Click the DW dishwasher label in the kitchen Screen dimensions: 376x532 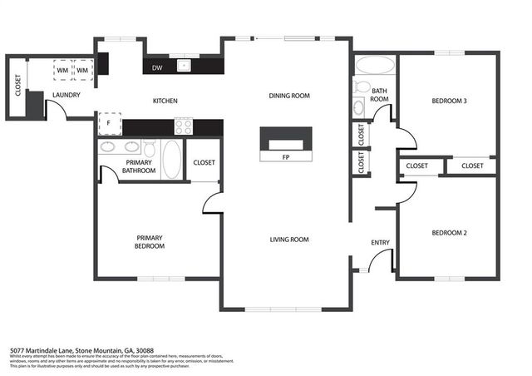click(157, 68)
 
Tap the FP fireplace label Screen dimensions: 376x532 click(285, 156)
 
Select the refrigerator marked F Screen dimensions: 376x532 click(107, 126)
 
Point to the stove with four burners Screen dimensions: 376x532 click(183, 126)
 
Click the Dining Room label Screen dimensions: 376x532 click(288, 96)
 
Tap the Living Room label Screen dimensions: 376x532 click(288, 240)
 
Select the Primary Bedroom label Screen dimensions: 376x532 click(150, 242)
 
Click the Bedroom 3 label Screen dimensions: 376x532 click(449, 101)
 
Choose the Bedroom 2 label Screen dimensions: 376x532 click(449, 233)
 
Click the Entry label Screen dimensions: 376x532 click(380, 243)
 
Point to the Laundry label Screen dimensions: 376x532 click(66, 96)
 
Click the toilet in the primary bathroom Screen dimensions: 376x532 click(150, 149)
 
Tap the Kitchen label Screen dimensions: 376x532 click(165, 101)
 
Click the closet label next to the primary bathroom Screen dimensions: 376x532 click(203, 162)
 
